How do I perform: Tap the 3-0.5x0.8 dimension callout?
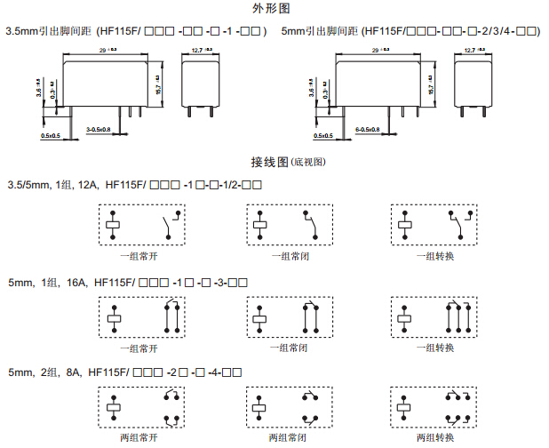coord(98,130)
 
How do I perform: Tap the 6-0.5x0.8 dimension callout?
coord(367,130)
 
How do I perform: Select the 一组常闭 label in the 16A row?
coord(289,348)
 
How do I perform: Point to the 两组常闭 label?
coord(289,437)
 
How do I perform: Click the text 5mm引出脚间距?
coord(316,31)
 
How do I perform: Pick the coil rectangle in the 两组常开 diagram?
coord(113,407)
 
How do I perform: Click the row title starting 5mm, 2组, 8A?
coord(124,371)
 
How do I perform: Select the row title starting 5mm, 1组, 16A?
coord(124,282)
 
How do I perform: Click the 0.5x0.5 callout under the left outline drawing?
coord(51,136)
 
